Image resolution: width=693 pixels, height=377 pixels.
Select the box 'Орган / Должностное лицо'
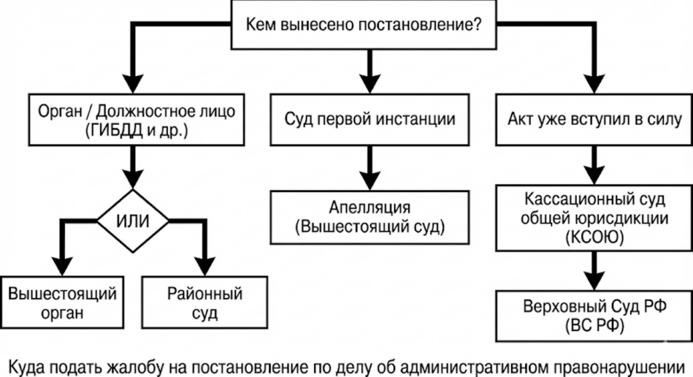tap(131, 120)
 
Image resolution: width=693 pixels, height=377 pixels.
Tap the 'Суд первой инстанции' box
tap(369, 120)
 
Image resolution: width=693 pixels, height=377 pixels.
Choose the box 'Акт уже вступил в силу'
tap(594, 120)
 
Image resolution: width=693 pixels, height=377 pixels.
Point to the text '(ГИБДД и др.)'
tap(131, 131)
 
